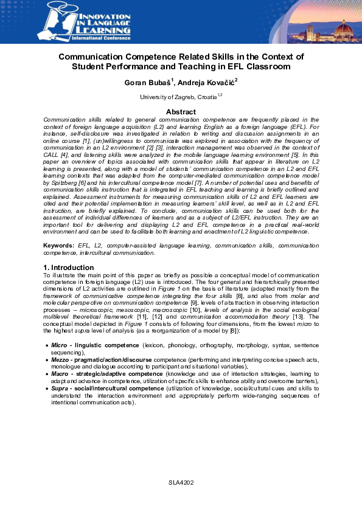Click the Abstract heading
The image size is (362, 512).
click(181, 112)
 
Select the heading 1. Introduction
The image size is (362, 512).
click(69, 268)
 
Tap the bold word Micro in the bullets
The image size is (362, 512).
click(59, 345)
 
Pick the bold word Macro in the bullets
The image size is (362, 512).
click(60, 373)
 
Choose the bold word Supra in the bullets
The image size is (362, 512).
click(60, 388)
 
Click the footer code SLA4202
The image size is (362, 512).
click(181, 482)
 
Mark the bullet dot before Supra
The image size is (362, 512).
click(47, 389)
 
